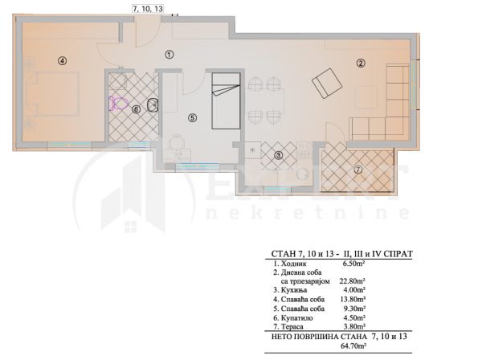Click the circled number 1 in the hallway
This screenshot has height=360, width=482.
[x=169, y=55]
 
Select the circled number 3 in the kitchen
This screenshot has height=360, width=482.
[x=278, y=155]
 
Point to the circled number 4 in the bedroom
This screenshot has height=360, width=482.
[x=62, y=59]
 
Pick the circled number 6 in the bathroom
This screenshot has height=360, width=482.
[x=136, y=109]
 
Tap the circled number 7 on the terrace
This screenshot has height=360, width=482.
[x=358, y=170]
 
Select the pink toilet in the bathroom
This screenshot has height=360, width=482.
[x=117, y=103]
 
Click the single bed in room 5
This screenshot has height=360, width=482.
[x=225, y=100]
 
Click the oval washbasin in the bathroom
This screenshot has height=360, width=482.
[x=153, y=104]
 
